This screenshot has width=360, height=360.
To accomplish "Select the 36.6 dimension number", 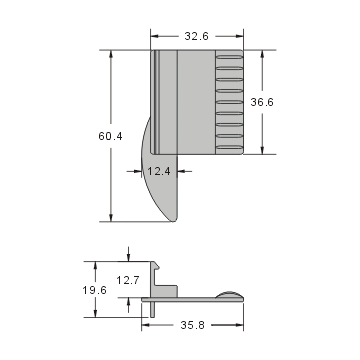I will [262, 101].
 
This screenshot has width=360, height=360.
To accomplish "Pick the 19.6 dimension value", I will [96, 290].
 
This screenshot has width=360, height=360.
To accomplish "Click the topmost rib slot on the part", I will [229, 57].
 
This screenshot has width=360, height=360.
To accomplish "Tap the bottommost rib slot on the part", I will [229, 146].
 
